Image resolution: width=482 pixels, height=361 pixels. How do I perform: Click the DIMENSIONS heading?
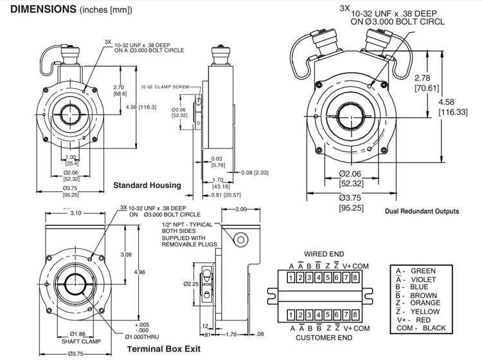click(43, 9)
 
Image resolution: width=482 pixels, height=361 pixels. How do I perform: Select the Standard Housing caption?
click(147, 185)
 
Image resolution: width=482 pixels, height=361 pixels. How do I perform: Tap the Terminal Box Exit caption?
click(164, 349)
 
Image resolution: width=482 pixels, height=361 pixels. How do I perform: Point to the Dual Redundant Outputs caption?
click(422, 212)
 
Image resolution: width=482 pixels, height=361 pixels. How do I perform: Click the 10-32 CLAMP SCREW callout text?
click(165, 87)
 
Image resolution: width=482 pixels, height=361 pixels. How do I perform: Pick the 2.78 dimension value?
click(422, 78)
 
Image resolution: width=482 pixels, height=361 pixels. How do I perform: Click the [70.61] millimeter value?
click(427, 88)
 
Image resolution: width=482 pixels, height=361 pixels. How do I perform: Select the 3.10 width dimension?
click(76, 213)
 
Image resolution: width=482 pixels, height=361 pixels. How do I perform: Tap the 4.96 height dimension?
click(139, 272)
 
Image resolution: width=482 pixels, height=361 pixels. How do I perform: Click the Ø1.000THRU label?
click(142, 337)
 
